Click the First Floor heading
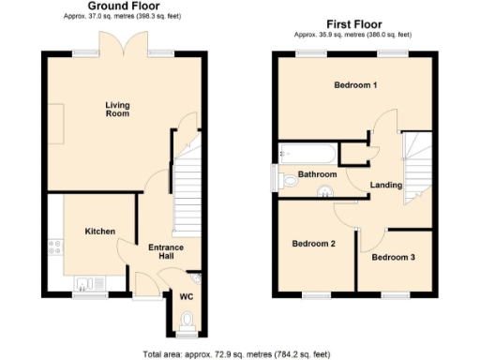[359, 23]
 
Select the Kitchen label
[99, 231]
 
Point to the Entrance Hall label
[165, 251]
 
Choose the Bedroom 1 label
[355, 85]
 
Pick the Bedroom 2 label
[313, 244]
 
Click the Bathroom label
[317, 174]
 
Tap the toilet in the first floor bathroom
[284, 178]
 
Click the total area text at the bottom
[238, 353]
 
